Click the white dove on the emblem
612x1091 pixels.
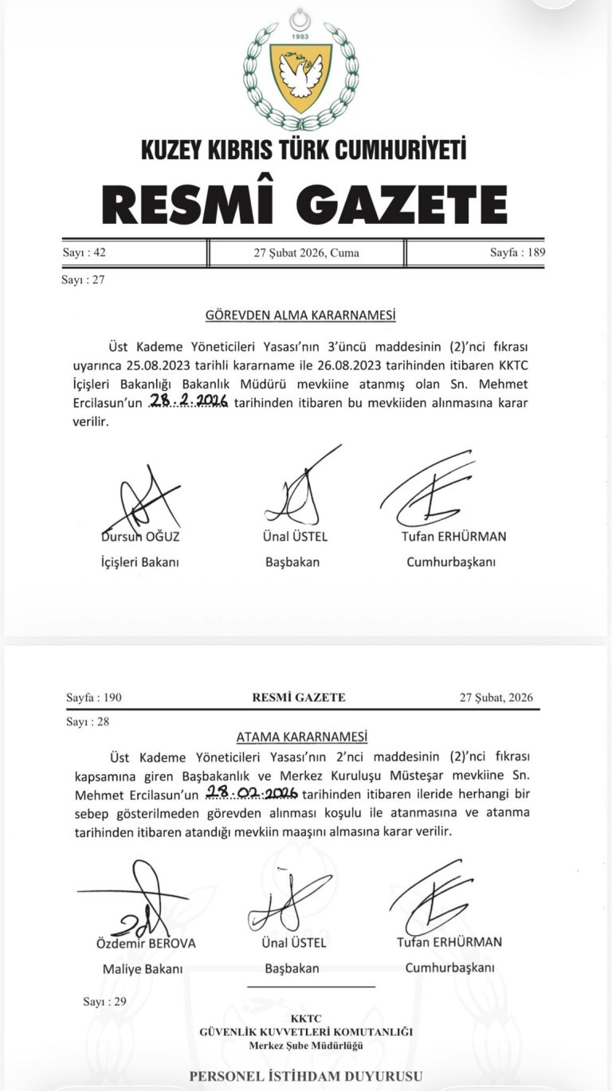300,76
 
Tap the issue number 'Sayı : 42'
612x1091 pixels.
84,253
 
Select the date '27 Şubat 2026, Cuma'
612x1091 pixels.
307,253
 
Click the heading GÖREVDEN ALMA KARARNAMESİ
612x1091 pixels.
300,315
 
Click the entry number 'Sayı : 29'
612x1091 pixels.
104,1002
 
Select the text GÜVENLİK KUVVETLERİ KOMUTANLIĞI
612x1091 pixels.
306,1033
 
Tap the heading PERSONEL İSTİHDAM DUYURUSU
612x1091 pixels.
306,1077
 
